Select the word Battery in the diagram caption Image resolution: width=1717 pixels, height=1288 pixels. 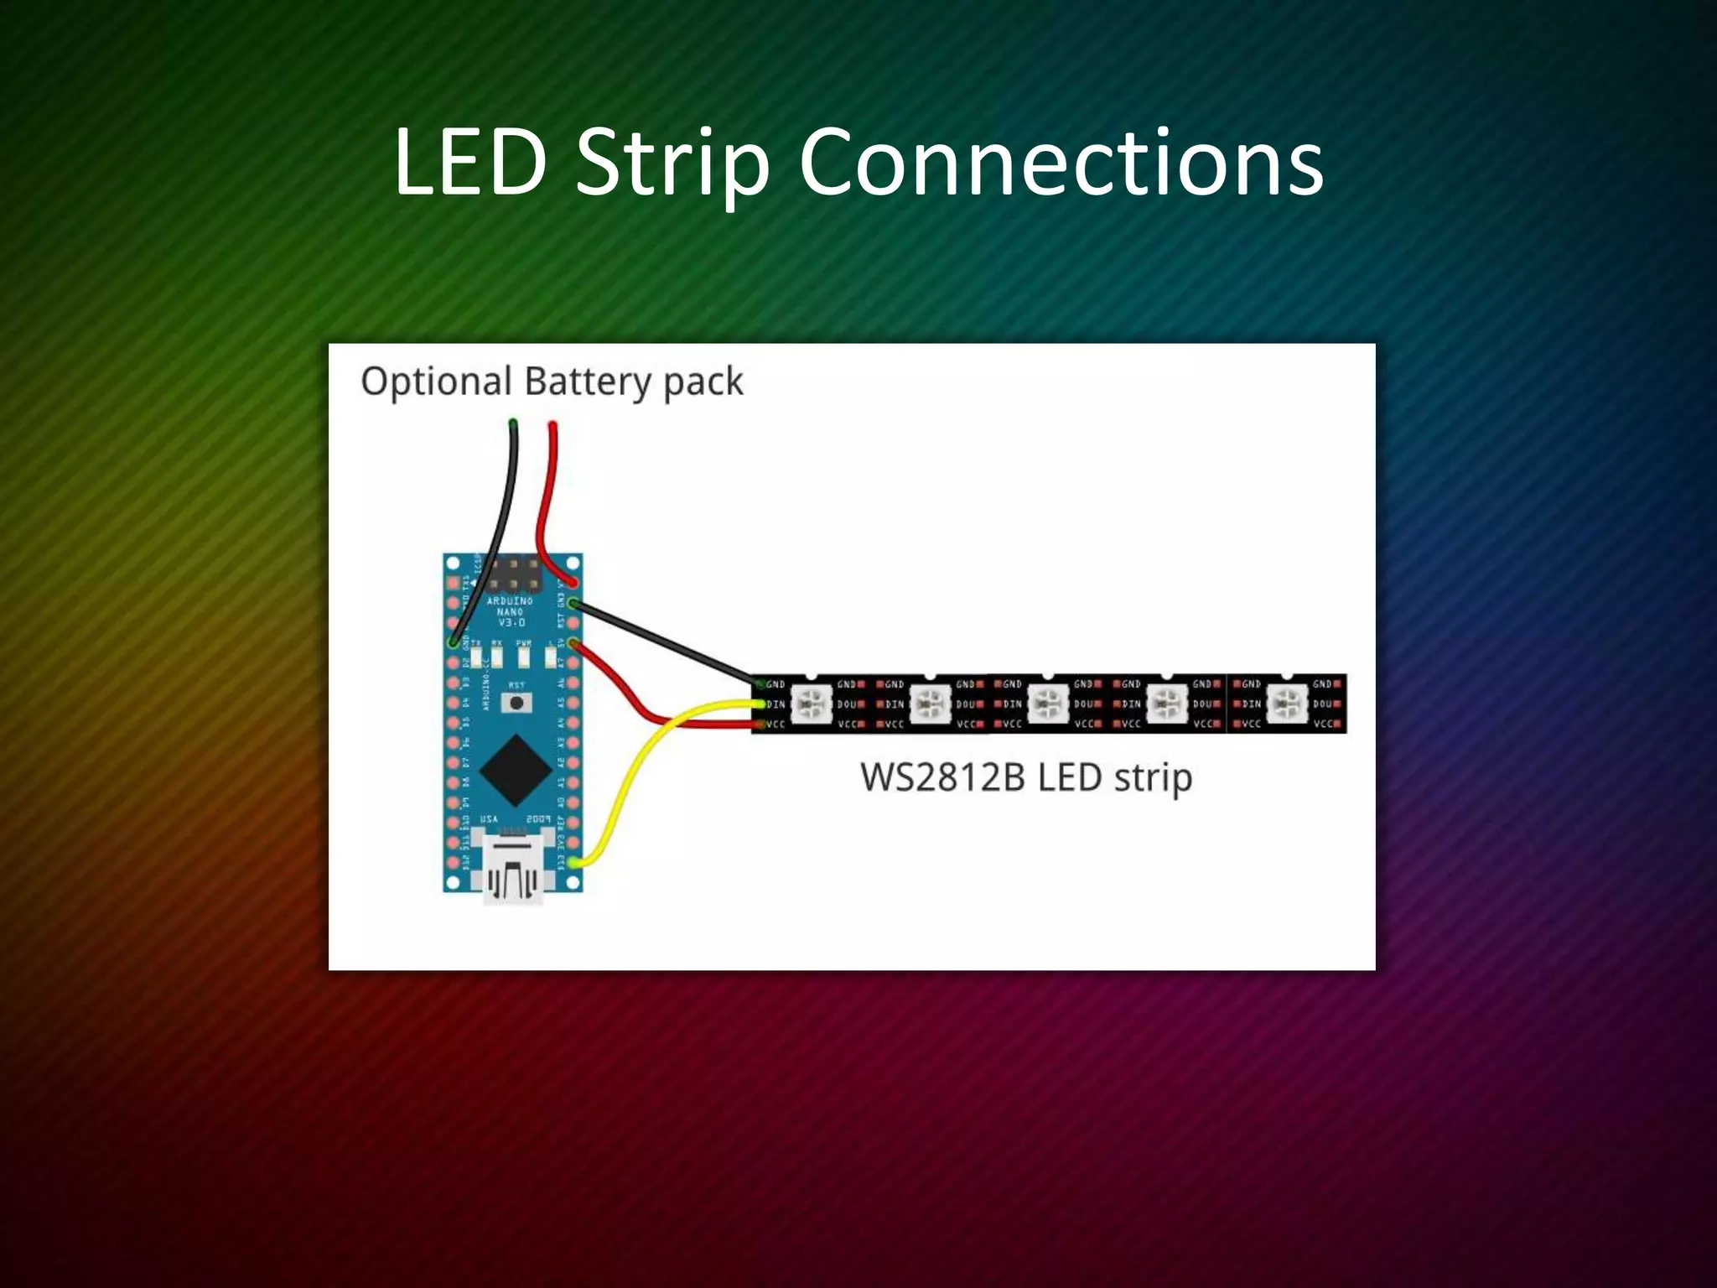tap(588, 382)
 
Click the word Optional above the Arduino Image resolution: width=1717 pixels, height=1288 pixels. tap(435, 382)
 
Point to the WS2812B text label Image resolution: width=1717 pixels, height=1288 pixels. tap(942, 777)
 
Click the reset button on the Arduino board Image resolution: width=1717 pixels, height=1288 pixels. tap(516, 702)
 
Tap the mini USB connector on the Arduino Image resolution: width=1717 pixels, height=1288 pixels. tap(512, 867)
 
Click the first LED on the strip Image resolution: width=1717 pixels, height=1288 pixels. tap(812, 704)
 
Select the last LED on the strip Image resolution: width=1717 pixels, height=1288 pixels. tap(1286, 704)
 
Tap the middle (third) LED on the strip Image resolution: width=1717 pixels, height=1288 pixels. tap(1048, 704)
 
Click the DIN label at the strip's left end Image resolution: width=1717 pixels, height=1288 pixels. tap(776, 704)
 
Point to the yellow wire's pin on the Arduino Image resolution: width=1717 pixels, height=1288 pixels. tap(573, 862)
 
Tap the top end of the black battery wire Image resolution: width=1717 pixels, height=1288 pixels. tap(512, 424)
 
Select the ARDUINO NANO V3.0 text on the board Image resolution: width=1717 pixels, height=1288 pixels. tap(511, 612)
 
